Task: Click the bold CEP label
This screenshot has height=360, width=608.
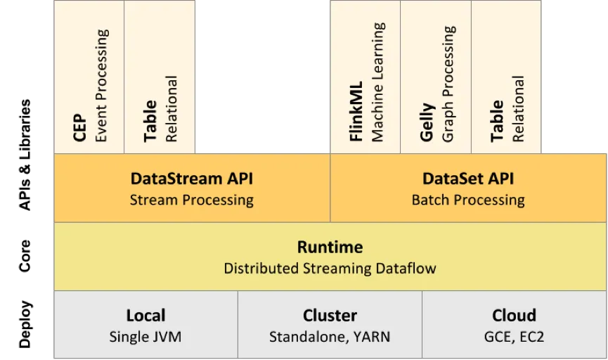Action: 79,128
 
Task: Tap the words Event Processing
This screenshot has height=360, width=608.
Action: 101,85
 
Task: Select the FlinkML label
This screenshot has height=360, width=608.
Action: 356,111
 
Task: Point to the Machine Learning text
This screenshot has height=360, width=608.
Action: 377,82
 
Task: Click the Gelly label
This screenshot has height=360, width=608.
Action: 427,122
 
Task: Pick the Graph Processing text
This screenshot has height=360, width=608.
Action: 448,84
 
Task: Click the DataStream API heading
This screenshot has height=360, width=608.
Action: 192,179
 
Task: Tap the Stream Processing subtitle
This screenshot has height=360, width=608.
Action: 192,200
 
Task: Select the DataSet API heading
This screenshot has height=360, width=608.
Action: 468,179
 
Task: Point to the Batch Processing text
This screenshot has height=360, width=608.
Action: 468,200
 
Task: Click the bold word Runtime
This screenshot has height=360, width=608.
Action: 330,247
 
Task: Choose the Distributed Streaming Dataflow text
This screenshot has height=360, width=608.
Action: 330,269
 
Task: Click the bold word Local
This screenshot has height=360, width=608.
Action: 145,316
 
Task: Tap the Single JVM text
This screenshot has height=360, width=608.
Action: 145,337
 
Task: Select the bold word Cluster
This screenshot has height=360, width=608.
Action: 330,316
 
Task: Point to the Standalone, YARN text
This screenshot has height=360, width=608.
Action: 330,337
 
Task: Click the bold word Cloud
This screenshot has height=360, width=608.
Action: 514,316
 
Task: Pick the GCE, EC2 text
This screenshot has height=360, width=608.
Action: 514,337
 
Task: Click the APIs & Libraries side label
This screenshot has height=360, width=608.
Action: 25,155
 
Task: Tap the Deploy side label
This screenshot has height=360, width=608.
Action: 25,324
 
